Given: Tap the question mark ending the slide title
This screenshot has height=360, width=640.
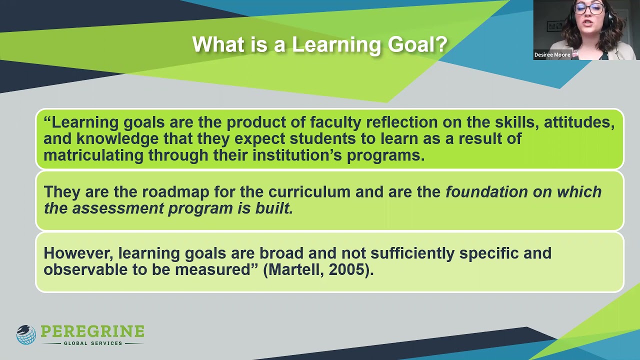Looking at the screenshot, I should (x=441, y=44).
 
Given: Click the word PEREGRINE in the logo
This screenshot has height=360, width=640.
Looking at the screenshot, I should (x=92, y=331).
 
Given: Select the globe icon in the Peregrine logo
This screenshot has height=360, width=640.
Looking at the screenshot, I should (x=26, y=334).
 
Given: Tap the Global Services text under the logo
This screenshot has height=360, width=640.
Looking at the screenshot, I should (x=92, y=343).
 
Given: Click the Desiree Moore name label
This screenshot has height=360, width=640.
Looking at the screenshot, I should (x=552, y=55).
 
